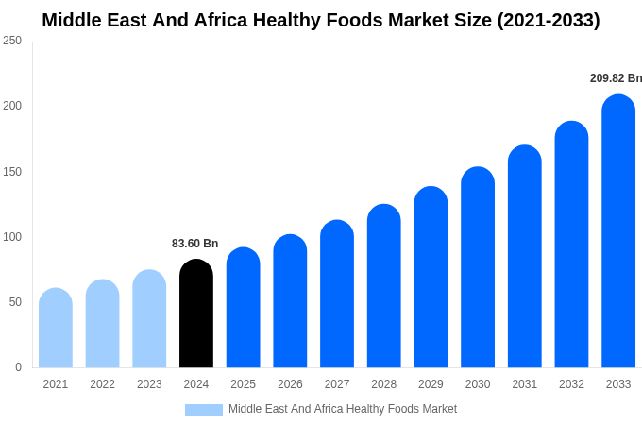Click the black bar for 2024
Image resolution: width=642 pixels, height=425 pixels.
pos(196,314)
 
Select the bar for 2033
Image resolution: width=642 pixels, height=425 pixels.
pos(618,231)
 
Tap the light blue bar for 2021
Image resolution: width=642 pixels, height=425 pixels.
pos(56,328)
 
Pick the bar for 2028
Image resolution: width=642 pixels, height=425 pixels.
pos(384,286)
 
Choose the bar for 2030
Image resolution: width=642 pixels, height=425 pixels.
pos(478,267)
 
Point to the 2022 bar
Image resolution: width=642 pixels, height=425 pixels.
pos(103,324)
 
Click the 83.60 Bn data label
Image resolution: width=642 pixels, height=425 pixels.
pos(194,244)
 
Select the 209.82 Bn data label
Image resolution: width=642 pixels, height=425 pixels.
pos(616,78)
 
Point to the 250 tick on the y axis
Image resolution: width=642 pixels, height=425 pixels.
pos(12,41)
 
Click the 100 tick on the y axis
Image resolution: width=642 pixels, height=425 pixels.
pos(12,237)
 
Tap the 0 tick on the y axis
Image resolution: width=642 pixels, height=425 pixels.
pos(18,367)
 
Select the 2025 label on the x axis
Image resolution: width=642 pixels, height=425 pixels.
pos(244,384)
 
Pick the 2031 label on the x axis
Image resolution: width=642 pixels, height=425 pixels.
pos(525,384)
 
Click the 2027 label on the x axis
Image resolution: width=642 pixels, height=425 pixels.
pos(337,384)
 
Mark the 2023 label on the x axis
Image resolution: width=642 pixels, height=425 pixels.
pos(149,384)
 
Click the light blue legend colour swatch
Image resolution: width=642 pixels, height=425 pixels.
pos(204,410)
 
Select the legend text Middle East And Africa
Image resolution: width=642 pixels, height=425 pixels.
pos(284,409)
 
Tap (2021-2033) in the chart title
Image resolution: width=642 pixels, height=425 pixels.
pos(549,20)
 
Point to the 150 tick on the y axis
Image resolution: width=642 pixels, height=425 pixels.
pos(12,172)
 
